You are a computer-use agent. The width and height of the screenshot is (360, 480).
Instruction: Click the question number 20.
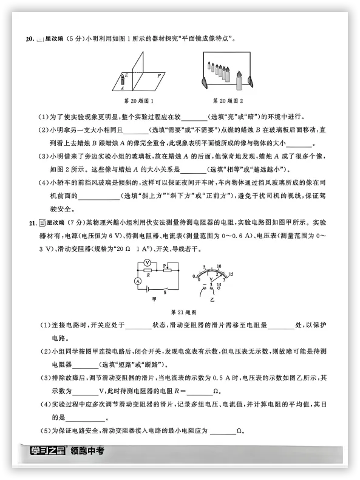(29, 39)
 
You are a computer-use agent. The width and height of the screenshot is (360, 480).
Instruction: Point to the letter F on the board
(158, 75)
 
